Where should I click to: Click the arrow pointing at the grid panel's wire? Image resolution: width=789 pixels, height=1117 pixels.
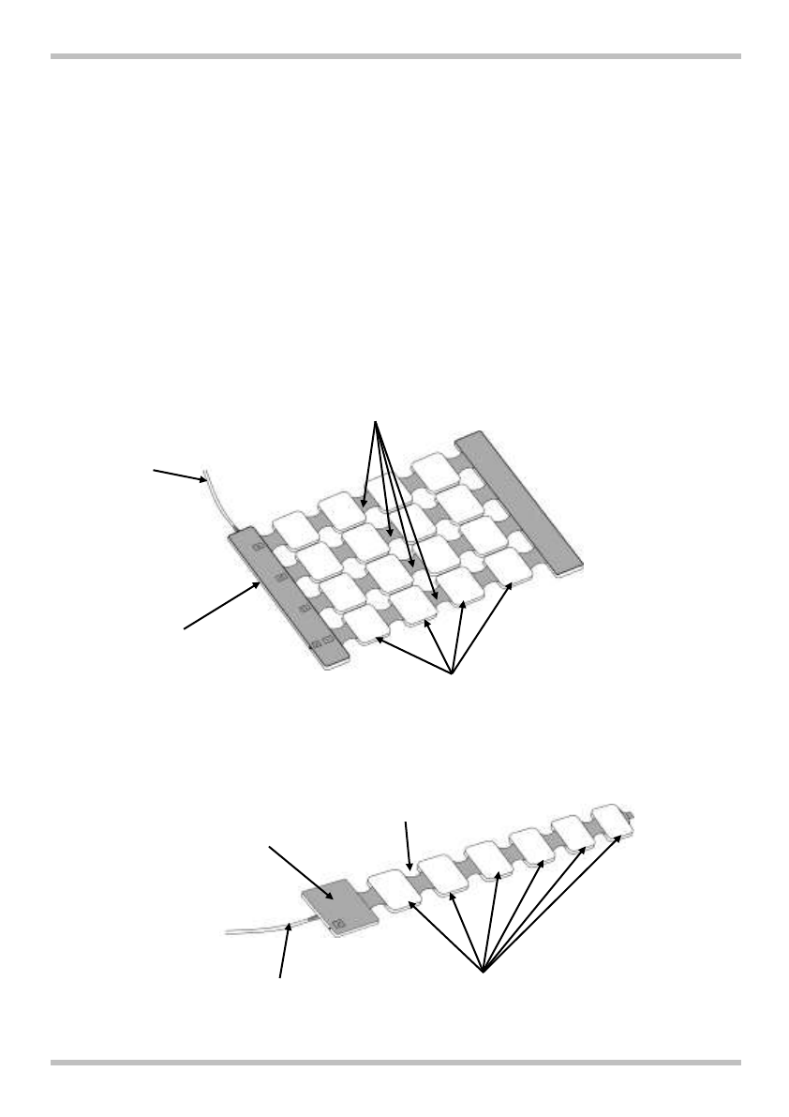[x=178, y=473]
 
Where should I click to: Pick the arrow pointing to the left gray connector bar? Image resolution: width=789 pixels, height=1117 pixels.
[x=221, y=608]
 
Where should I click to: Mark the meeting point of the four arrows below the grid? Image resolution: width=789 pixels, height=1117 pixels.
[x=453, y=672]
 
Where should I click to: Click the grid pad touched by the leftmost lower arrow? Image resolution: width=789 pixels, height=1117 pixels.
[x=367, y=626]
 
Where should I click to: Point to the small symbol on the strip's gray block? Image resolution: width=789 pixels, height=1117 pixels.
[x=339, y=924]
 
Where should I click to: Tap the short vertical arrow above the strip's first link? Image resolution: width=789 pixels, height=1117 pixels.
[x=407, y=843]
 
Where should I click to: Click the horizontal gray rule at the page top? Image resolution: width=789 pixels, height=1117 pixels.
[x=394, y=56]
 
